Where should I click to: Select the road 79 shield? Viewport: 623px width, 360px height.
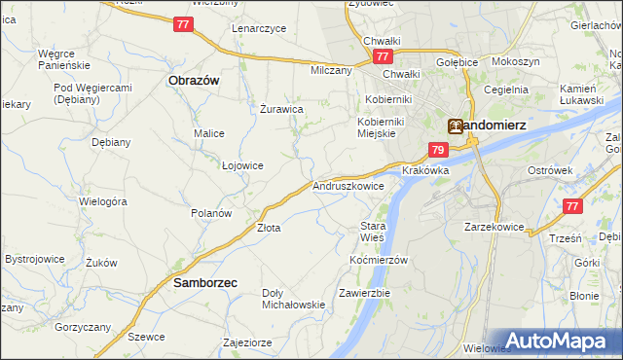(438, 150)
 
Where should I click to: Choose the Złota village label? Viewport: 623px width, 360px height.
(269, 229)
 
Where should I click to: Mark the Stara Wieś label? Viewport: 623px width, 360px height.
(373, 231)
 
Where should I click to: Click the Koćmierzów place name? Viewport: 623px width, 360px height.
(378, 260)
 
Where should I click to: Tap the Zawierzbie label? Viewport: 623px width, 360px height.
(364, 293)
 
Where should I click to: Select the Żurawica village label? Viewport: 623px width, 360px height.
(282, 109)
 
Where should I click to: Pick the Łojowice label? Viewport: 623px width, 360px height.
(242, 165)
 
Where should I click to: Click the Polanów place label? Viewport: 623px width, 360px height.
(210, 213)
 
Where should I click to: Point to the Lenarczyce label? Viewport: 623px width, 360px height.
(259, 28)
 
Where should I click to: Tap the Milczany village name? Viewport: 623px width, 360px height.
(331, 71)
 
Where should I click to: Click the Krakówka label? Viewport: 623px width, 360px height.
(425, 170)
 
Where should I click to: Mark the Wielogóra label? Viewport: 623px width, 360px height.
(103, 201)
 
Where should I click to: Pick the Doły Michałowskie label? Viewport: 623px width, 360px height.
(293, 299)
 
